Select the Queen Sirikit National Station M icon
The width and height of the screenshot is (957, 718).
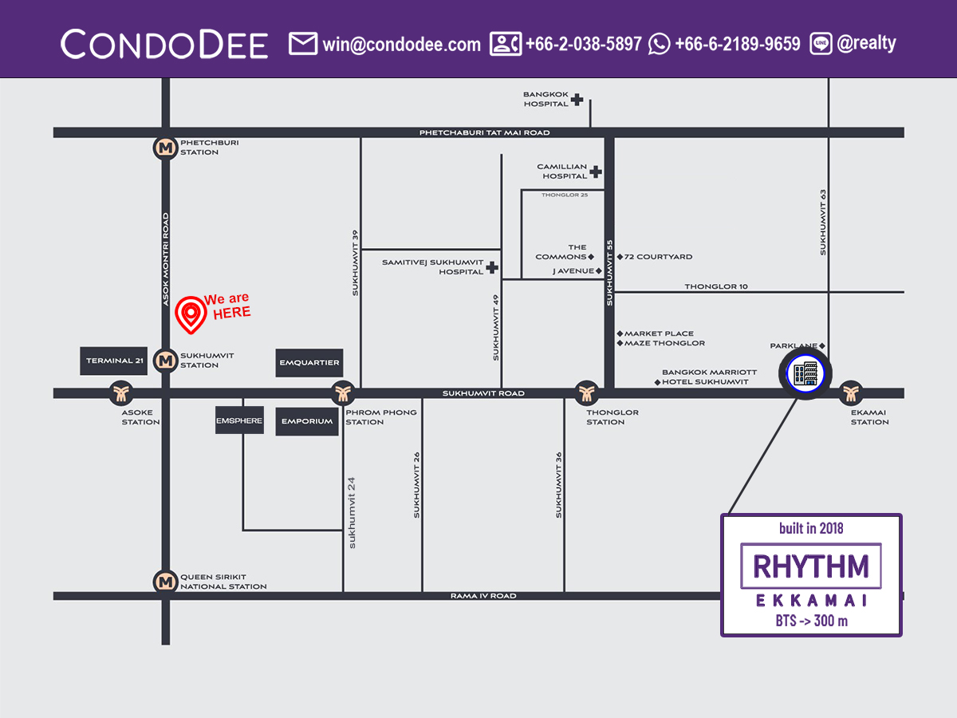166,582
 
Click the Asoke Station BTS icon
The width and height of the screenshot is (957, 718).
121,393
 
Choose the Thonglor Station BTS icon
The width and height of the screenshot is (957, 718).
586,393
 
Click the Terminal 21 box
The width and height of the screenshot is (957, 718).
115,361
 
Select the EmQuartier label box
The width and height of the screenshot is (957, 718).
309,363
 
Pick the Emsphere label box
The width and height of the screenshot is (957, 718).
239,420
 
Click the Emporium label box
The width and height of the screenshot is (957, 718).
307,421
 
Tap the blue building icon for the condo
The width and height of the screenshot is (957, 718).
803,373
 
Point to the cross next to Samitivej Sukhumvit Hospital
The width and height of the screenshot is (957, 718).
492,268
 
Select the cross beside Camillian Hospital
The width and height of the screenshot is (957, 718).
595,172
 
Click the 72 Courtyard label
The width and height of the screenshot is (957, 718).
658,257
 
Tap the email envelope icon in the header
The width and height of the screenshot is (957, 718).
303,43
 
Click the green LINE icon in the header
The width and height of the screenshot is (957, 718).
821,44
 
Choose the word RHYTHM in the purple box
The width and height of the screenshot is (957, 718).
810,566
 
